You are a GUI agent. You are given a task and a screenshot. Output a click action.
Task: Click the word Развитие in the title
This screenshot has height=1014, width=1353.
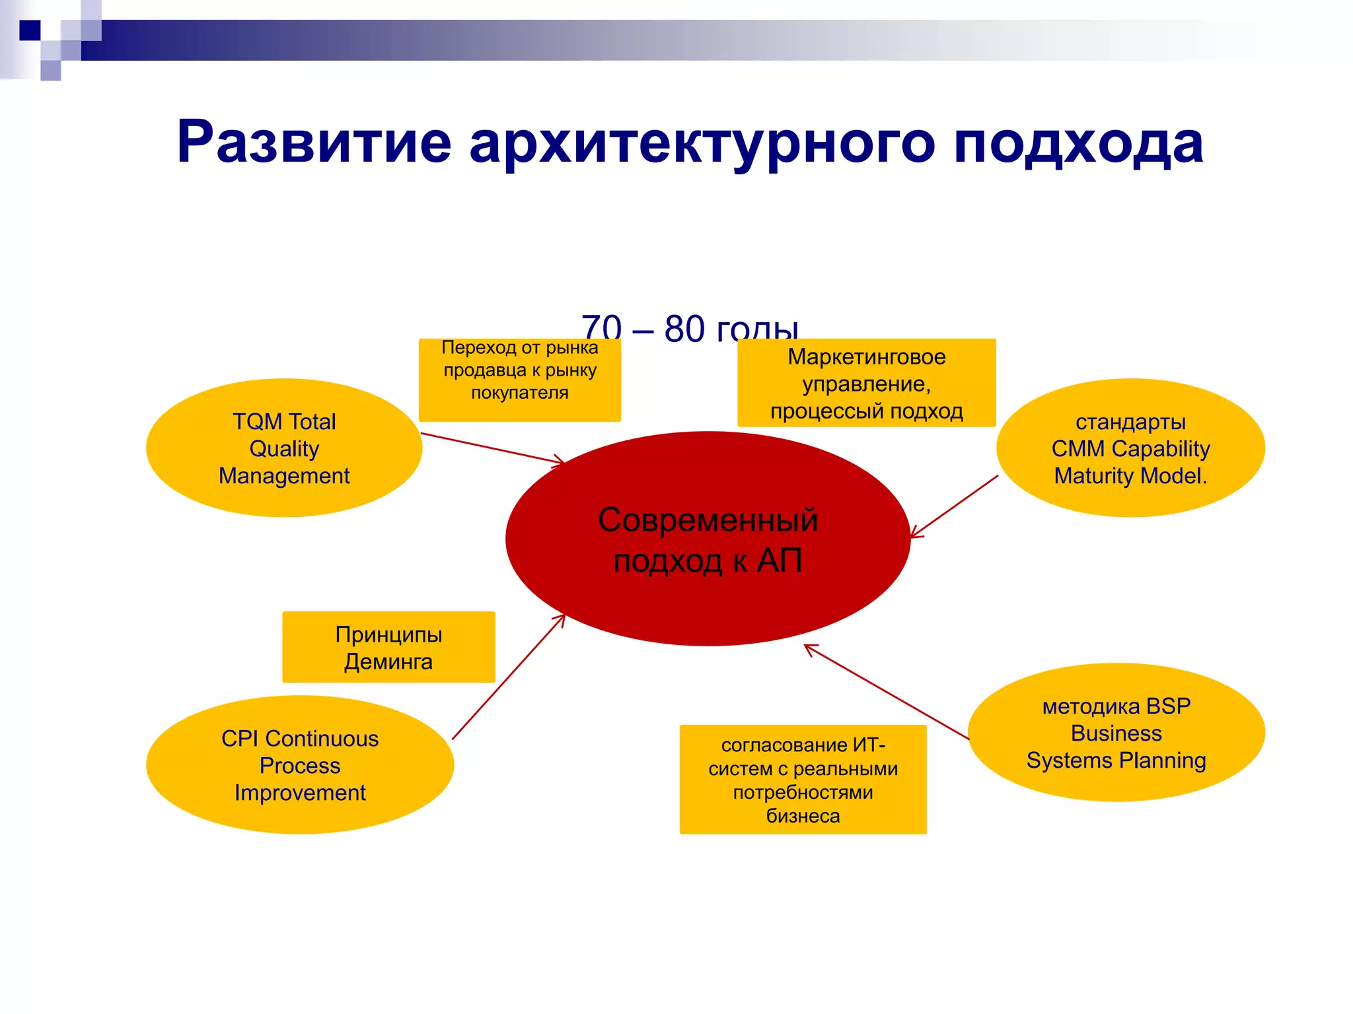coord(314,142)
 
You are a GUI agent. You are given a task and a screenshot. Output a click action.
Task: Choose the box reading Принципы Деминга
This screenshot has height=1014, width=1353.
coord(388,647)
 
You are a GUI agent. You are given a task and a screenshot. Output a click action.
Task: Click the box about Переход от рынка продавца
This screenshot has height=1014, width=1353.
coord(520,380)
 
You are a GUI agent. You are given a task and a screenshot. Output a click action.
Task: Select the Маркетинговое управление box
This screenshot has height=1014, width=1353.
coord(866,384)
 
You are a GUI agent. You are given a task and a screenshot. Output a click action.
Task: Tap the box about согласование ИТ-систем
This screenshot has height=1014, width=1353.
coord(803,780)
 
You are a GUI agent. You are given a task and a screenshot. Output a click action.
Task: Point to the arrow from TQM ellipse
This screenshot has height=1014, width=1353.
coord(492,449)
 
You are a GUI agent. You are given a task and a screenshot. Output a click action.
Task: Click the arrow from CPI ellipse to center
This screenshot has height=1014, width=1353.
coord(509,677)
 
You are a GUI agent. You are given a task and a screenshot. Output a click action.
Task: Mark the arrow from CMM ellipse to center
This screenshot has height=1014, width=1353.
coord(955,506)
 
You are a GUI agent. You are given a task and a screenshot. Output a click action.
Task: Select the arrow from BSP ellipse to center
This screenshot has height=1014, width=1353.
coord(885,691)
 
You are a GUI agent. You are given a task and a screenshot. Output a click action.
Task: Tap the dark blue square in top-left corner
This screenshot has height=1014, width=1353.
coord(30,30)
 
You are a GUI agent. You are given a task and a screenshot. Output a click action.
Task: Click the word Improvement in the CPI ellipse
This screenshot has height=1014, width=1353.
coord(300,792)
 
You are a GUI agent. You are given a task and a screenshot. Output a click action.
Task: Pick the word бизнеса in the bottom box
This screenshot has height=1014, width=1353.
coord(803,816)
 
